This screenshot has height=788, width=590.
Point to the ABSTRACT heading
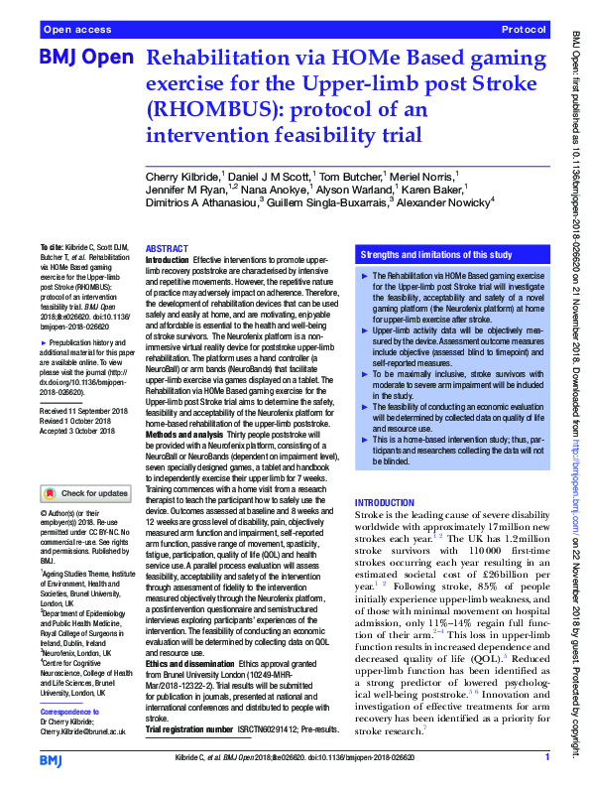click(166, 248)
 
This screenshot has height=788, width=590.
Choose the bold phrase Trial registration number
click(201, 702)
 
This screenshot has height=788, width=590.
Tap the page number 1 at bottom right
click(547, 759)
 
